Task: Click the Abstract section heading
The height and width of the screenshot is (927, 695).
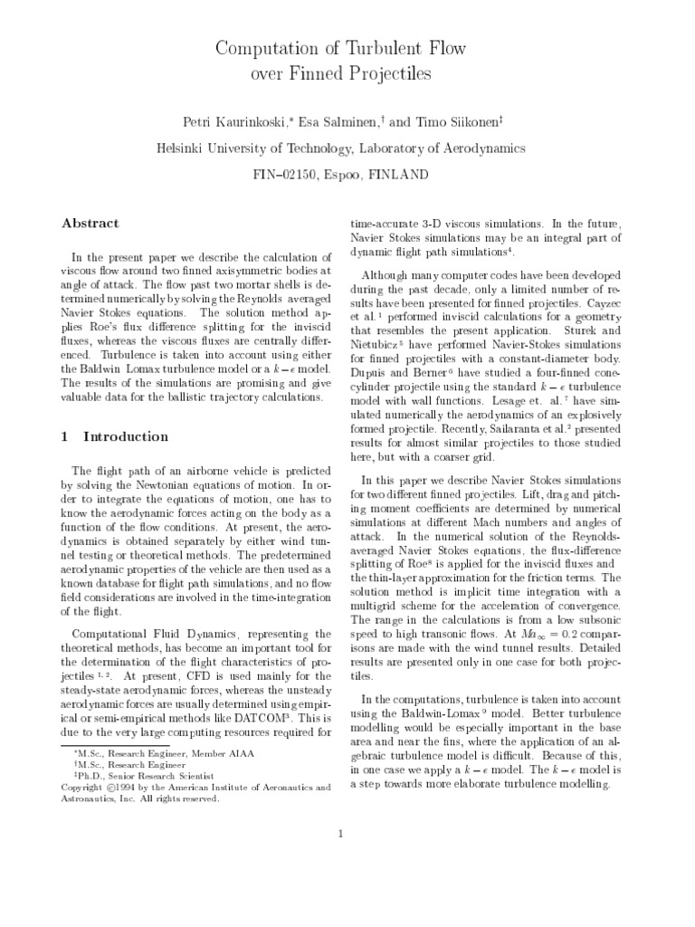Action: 90,223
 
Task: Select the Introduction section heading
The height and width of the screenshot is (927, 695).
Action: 126,436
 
